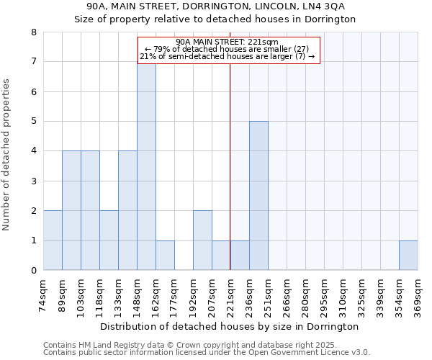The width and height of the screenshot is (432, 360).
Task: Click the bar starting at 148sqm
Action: pyautogui.click(x=146, y=166)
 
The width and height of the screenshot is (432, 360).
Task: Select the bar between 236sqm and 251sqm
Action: pyautogui.click(x=258, y=196)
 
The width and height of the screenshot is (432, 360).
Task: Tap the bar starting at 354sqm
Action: pyautogui.click(x=408, y=256)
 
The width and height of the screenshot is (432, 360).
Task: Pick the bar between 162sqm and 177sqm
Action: pyautogui.click(x=165, y=256)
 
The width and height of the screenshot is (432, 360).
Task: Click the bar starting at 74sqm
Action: pyautogui.click(x=53, y=240)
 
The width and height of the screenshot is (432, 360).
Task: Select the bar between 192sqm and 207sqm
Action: pyautogui.click(x=202, y=240)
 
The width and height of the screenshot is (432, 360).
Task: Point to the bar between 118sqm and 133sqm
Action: pyautogui.click(x=109, y=240)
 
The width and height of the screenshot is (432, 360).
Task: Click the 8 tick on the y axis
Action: pyautogui.click(x=34, y=32)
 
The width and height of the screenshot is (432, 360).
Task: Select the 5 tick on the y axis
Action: pyautogui.click(x=34, y=122)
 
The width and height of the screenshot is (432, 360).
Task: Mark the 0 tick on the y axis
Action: pyautogui.click(x=34, y=271)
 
